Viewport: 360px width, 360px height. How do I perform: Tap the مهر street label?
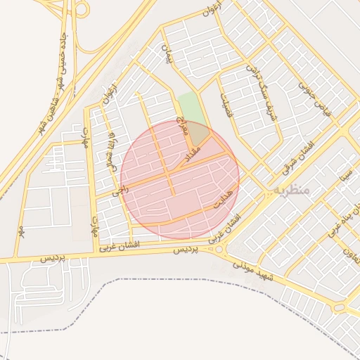click(x=21, y=230)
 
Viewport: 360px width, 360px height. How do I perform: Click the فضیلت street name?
click(x=226, y=105)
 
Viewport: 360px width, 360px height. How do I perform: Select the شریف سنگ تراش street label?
click(x=261, y=91)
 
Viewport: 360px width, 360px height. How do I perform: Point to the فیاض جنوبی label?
click(x=314, y=98)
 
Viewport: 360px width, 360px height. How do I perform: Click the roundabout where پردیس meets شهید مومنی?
click(x=220, y=249)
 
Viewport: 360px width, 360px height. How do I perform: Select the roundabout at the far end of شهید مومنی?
click(x=339, y=307)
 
